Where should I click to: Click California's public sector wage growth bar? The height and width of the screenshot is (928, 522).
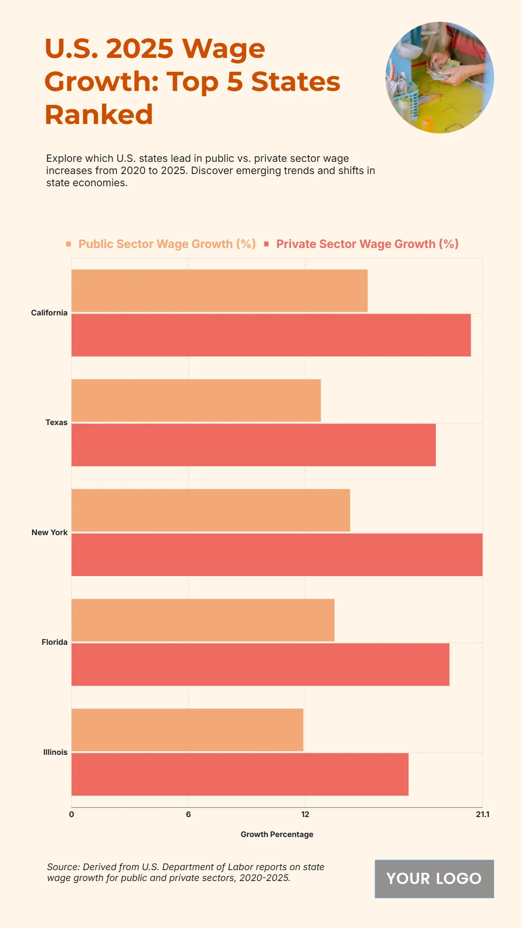(219, 291)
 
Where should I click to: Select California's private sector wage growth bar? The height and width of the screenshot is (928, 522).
(271, 335)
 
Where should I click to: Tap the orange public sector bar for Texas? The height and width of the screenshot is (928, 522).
(196, 400)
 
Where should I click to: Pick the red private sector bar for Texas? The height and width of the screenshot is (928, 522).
(254, 445)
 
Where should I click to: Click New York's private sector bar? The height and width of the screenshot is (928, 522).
(277, 555)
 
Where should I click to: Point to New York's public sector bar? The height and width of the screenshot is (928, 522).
(211, 510)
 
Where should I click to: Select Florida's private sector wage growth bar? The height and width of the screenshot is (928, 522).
(260, 664)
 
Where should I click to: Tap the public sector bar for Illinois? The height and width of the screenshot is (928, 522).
(187, 730)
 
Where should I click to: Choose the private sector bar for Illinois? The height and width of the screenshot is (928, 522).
(240, 774)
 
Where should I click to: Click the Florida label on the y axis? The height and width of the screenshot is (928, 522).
(54, 642)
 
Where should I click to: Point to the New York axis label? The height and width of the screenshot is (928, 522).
(50, 533)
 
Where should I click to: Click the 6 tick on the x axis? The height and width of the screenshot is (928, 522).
(188, 814)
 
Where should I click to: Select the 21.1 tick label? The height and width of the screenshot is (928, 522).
(482, 814)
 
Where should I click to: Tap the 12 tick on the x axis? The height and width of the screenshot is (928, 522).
(305, 814)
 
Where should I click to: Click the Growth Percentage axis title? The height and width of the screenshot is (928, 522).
(277, 834)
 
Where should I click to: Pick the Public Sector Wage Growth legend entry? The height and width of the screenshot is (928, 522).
(167, 244)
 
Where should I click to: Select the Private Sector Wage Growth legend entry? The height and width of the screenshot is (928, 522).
(367, 244)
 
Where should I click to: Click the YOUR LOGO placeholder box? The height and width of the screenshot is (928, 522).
(434, 879)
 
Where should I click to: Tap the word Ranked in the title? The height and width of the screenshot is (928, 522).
(99, 115)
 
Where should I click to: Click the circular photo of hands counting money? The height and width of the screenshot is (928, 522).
(439, 77)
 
